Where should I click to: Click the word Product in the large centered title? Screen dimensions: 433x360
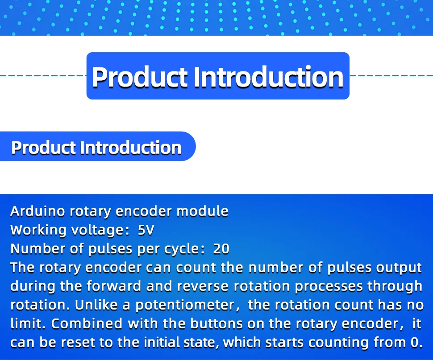[139, 77]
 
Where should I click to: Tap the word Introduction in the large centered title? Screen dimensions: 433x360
[268, 77]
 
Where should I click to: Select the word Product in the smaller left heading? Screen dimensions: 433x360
[43, 148]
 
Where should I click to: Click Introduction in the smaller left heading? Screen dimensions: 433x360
[131, 148]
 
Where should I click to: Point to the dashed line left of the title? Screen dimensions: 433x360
[43, 75]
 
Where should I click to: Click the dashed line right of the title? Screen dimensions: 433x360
[391, 75]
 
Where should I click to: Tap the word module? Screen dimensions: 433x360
[202, 211]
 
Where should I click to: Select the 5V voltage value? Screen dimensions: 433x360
[146, 230]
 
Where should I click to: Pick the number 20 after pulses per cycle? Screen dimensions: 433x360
[221, 249]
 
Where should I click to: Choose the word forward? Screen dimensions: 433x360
[114, 286]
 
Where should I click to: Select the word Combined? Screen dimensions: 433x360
[87, 324]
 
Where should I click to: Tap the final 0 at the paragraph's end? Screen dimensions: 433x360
[415, 343]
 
